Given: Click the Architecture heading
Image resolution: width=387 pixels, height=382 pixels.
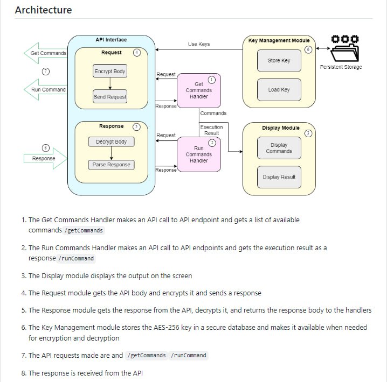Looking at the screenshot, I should (43, 10).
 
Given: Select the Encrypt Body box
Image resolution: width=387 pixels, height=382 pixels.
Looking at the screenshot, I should (110, 72).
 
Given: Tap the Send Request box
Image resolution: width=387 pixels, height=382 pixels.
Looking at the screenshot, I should (110, 97).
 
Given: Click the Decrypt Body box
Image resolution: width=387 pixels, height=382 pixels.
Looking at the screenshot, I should (111, 142).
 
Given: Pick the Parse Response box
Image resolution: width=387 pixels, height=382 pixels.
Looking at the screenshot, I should (111, 165).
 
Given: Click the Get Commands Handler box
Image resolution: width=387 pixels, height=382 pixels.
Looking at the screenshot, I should (199, 90).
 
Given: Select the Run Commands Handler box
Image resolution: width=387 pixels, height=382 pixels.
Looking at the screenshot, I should (199, 154).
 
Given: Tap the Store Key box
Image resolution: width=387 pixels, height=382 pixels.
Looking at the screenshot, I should (279, 61).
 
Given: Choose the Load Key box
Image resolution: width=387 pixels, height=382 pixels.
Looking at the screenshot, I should (279, 90).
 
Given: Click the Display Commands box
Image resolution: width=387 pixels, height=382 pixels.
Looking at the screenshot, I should (279, 148).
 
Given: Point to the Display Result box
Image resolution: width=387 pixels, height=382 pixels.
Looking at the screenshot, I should (279, 177).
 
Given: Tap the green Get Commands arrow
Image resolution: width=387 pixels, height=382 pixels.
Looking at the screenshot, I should (45, 53).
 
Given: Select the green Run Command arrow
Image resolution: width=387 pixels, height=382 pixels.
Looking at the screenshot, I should (45, 90).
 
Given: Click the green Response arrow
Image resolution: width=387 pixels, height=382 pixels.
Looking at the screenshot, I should (45, 159).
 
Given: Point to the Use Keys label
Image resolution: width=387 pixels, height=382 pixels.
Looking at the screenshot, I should (199, 44).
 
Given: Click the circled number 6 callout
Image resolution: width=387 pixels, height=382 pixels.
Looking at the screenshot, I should (308, 49).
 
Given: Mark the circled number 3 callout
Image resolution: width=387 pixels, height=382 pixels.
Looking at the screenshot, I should (308, 133).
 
